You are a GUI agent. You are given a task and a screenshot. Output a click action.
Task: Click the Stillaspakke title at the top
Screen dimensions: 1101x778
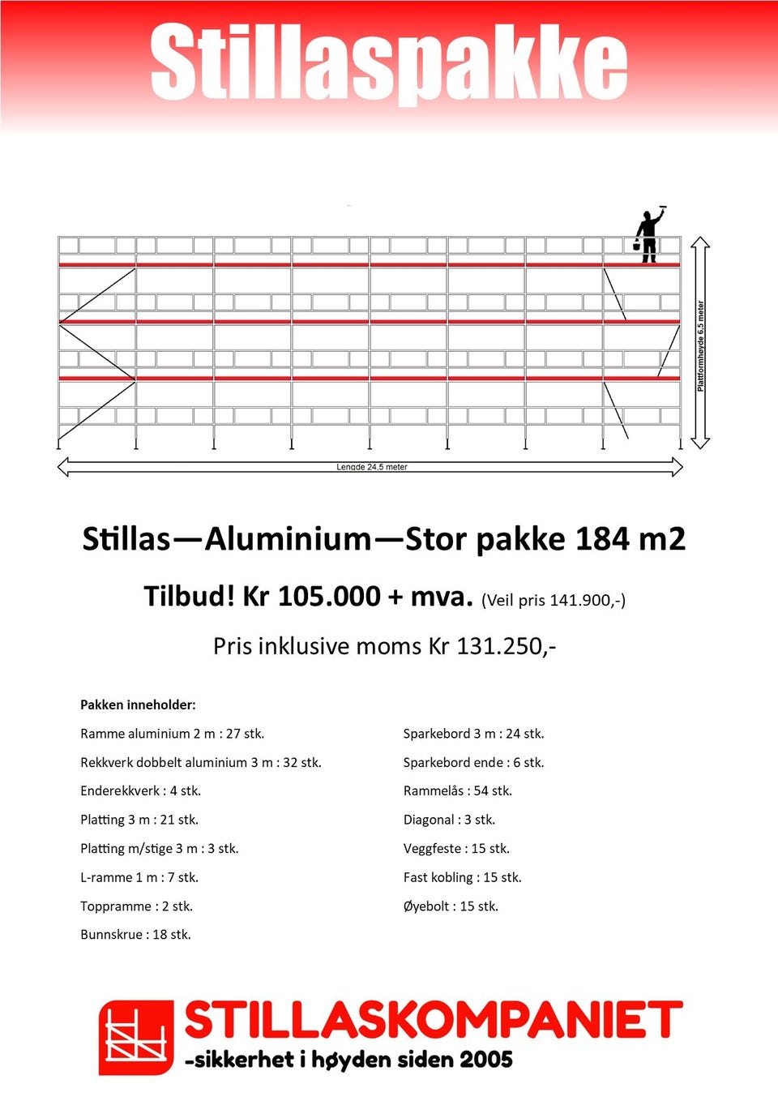point(389,63)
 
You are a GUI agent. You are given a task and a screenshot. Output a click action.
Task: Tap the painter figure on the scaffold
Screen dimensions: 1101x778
point(648,235)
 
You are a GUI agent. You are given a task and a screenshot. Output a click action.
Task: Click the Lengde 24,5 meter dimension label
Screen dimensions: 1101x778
point(372,467)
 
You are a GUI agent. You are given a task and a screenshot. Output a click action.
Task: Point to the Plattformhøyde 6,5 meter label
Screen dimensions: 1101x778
point(701,346)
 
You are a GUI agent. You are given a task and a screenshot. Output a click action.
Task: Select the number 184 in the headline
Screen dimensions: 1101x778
point(601,539)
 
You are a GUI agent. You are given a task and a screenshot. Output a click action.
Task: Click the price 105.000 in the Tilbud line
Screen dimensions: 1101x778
point(328,597)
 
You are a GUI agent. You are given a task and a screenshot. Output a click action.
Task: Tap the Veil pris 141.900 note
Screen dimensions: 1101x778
point(554,600)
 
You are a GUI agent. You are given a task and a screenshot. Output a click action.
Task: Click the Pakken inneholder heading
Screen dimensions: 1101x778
point(138,705)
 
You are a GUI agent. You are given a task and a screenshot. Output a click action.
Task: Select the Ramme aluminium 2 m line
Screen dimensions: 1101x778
point(172,734)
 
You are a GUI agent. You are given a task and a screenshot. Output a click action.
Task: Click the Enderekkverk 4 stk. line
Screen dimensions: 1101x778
point(140,791)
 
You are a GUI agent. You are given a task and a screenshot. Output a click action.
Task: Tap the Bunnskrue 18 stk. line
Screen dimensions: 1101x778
point(135,935)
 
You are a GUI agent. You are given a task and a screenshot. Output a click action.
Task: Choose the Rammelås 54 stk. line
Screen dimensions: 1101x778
point(457,791)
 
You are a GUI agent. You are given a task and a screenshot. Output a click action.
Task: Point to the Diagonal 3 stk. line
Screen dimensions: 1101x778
point(449,820)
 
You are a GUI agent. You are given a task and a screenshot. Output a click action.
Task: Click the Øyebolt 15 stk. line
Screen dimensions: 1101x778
point(451,906)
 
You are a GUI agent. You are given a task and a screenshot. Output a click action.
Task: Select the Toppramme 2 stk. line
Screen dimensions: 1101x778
point(136,906)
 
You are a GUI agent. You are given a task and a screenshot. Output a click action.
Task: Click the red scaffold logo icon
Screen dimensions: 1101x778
point(136,1037)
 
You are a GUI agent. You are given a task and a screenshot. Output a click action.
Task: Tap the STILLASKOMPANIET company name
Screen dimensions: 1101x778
point(434,1021)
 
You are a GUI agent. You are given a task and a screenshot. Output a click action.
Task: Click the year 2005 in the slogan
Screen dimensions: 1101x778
point(485,1060)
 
